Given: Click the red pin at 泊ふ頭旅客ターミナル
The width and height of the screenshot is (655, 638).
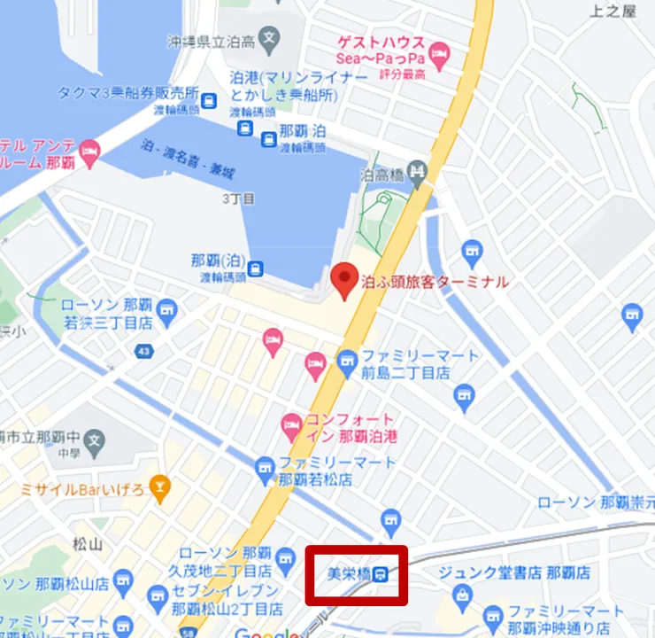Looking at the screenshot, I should coord(344,281).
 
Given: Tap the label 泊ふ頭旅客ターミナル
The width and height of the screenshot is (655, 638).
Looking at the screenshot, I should coord(435,283).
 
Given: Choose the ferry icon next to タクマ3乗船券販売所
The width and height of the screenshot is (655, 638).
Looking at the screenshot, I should coord(210,100).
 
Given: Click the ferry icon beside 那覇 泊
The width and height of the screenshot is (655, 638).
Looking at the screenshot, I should coord(267,136).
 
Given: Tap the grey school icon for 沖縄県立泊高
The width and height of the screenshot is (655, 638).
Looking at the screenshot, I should coord(270,40).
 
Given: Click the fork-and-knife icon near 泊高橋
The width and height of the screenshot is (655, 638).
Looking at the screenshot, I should coord(421,171).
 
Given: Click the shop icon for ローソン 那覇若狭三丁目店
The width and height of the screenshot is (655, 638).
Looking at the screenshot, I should coord(167,309).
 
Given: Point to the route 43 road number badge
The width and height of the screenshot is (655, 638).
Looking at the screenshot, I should coord(143,353).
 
